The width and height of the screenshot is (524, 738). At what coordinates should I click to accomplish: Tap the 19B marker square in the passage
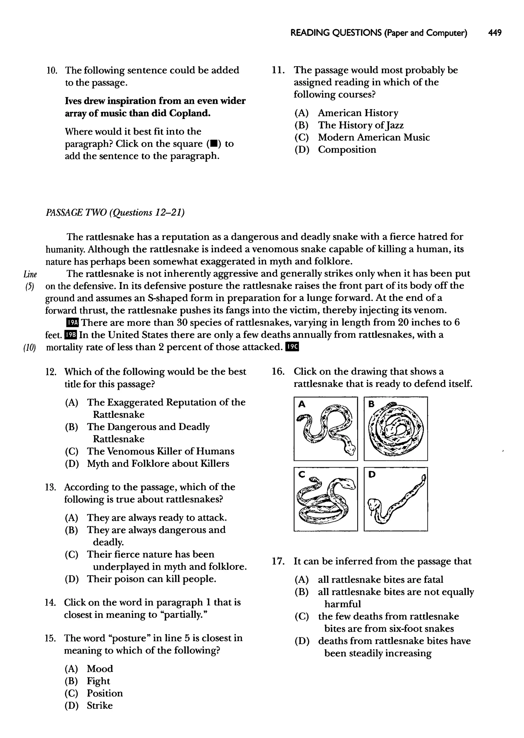click(71, 335)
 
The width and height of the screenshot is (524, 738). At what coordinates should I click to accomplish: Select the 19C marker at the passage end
click(293, 347)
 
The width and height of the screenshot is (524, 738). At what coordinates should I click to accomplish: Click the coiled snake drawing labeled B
click(396, 429)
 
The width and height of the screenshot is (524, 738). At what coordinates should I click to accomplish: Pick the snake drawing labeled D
click(396, 499)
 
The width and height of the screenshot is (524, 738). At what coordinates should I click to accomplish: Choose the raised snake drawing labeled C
click(325, 499)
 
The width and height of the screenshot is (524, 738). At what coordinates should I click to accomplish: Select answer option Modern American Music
click(374, 137)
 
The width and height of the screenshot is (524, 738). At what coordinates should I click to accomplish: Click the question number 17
click(278, 561)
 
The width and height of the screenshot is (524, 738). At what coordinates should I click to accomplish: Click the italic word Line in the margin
click(30, 274)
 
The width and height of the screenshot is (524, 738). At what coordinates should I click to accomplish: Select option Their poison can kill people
click(151, 579)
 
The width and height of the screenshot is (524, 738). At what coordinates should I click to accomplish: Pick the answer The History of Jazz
click(361, 125)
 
